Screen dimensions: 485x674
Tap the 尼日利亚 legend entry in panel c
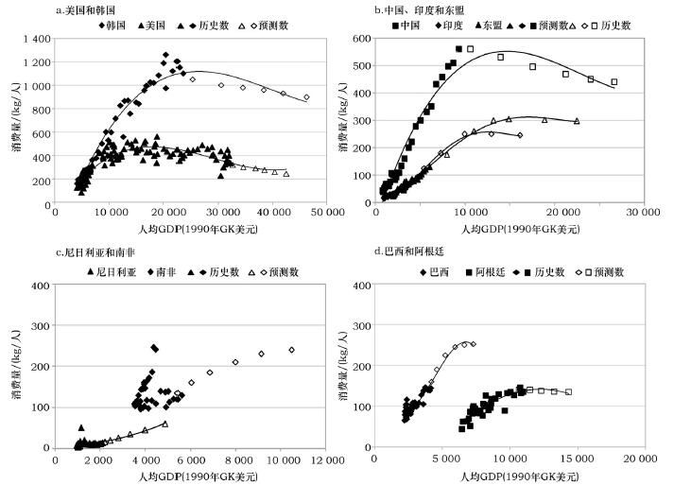click(x=120, y=271)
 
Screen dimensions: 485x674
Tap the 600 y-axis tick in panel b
click(x=360, y=38)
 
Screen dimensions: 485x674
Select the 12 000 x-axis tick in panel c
click(x=328, y=459)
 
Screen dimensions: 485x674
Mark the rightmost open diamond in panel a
click(x=306, y=97)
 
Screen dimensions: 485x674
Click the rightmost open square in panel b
click(x=614, y=82)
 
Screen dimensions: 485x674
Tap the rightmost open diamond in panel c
click(x=291, y=350)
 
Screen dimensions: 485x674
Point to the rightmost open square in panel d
click(x=568, y=391)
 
